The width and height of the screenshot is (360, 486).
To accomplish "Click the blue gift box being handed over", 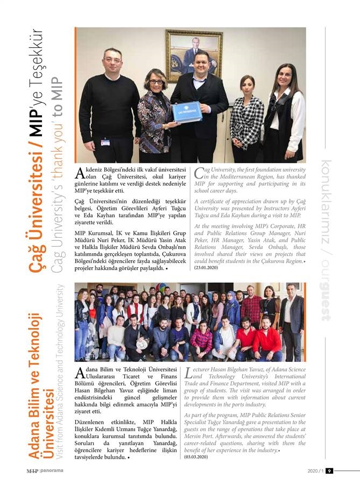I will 187,112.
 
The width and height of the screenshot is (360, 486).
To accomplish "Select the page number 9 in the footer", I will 329,471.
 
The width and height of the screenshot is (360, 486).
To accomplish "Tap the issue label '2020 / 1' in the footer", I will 315,471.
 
